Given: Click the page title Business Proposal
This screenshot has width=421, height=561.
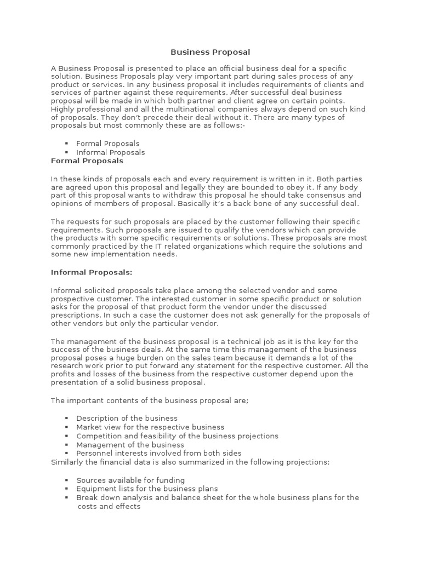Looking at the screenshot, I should click(x=210, y=52).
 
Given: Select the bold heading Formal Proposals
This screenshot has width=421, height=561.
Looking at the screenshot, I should click(x=87, y=161).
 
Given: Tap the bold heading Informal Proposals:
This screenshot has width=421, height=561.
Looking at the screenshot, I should click(x=92, y=272).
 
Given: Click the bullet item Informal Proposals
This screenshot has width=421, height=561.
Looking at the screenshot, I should click(x=110, y=152).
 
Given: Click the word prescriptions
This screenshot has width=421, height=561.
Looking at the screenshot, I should click(x=77, y=315).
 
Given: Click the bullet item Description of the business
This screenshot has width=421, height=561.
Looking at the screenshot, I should click(x=127, y=419).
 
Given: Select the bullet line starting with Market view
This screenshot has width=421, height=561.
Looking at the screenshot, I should click(x=150, y=427).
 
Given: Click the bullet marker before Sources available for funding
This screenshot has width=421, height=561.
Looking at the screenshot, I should click(x=66, y=480).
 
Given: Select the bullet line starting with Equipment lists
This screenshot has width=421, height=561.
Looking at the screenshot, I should click(x=146, y=488).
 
